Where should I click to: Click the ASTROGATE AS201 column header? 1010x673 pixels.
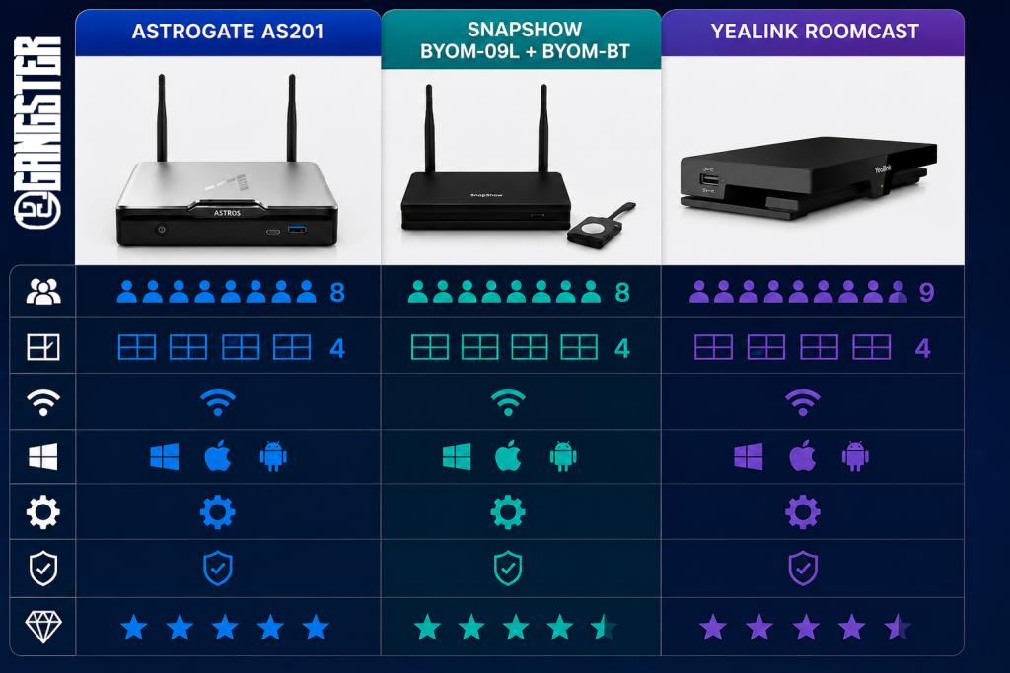228,31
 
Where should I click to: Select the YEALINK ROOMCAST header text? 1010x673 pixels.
814,31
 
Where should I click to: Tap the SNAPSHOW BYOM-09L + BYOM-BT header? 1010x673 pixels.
525,39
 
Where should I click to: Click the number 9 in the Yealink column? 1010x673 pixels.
926,292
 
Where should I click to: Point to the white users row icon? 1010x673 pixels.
43,292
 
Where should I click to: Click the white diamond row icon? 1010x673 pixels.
43,627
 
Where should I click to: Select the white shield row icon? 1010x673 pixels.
43,569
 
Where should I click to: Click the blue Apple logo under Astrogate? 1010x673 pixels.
218,456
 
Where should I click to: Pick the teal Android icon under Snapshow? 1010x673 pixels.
563,456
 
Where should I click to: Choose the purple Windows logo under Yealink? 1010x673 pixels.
749,457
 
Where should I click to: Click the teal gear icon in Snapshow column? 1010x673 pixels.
508,512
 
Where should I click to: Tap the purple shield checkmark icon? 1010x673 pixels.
803,569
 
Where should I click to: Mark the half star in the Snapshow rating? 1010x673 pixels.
603,628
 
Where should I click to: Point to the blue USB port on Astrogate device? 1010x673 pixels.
297,229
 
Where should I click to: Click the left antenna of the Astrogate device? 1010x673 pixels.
162,117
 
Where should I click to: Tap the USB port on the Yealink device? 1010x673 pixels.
708,179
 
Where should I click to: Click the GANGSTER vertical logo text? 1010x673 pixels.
37,133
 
